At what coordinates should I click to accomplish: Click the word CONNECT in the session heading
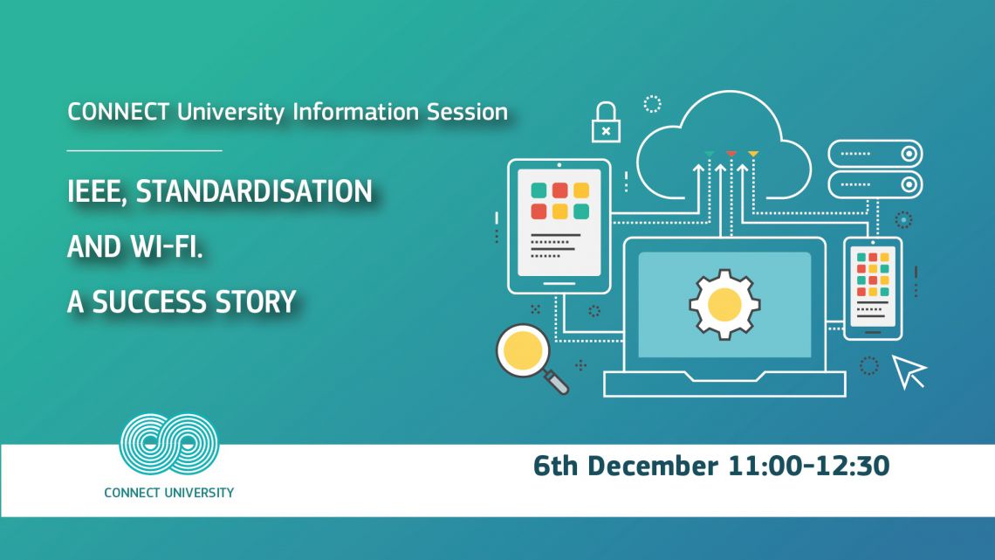tap(118, 112)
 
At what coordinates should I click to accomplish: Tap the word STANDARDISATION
tap(254, 191)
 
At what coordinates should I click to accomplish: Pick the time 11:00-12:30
tap(808, 466)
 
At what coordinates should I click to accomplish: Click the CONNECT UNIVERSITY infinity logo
tap(168, 445)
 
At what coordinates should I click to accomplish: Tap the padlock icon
tap(606, 122)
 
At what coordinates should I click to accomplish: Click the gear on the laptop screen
tap(724, 304)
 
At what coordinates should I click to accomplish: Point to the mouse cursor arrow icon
tap(909, 370)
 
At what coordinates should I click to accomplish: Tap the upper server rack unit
tap(875, 154)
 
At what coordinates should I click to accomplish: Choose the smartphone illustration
tap(873, 289)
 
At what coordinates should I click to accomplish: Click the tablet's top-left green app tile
tap(539, 190)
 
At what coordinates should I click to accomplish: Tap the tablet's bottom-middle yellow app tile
tap(559, 211)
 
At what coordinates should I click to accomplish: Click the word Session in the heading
tap(467, 112)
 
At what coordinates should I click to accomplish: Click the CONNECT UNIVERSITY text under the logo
tap(168, 493)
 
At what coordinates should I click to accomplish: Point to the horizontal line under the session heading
tap(145, 150)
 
